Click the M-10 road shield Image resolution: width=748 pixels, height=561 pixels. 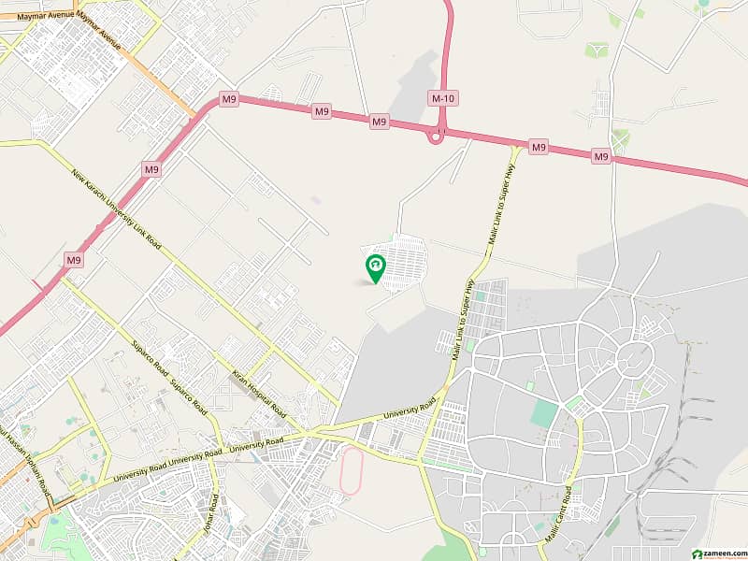point(442,97)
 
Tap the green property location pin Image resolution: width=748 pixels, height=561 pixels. point(375,268)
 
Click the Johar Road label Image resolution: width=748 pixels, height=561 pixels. point(209,513)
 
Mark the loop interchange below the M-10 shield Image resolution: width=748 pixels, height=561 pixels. point(436,137)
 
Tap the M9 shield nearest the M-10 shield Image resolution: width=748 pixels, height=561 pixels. point(379,122)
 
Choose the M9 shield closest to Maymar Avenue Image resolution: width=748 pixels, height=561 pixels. point(229,98)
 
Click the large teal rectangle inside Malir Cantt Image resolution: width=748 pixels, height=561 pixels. point(544,414)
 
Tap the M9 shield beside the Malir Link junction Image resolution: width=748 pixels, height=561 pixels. point(538,147)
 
